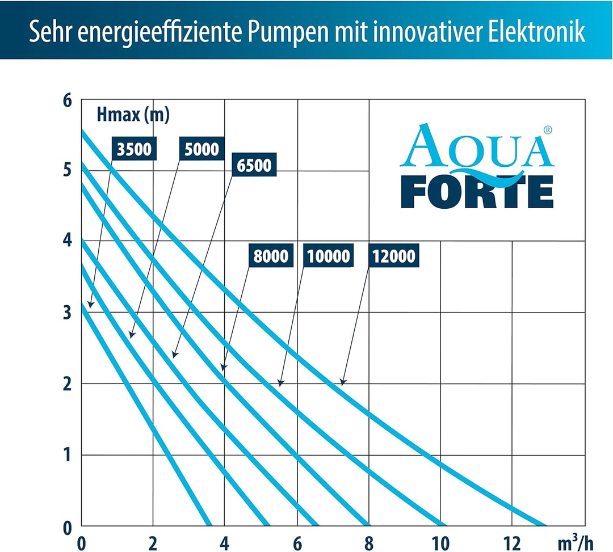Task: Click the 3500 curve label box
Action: tap(134, 149)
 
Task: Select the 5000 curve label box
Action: tap(201, 149)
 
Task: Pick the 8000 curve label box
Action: tap(270, 256)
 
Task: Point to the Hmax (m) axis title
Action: tap(133, 115)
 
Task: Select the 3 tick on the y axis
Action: tap(68, 313)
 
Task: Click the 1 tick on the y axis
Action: tap(68, 455)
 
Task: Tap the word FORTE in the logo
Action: tap(477, 193)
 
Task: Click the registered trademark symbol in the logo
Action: tap(547, 130)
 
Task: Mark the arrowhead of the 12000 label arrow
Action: tap(342, 383)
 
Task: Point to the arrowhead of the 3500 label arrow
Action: tap(90, 306)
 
